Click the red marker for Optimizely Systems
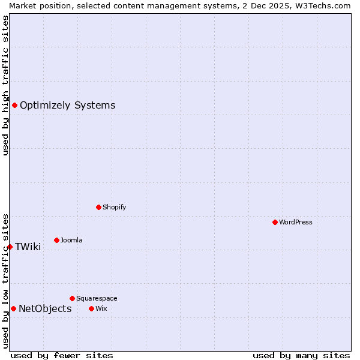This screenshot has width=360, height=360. (14, 106)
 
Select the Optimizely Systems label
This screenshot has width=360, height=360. (67, 106)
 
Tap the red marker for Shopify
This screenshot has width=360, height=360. (98, 207)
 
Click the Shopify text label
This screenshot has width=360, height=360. (114, 207)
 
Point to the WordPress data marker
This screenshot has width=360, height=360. (275, 222)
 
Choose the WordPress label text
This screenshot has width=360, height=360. (295, 222)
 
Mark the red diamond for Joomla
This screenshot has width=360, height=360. (56, 240)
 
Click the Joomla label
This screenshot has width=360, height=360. (71, 240)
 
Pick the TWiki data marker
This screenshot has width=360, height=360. (10, 247)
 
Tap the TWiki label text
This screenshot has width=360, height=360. (28, 247)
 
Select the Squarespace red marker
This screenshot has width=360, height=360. (72, 298)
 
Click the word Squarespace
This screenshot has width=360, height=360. (97, 298)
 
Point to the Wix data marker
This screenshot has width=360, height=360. (91, 308)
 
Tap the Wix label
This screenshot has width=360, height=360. (101, 308)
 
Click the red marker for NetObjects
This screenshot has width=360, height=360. (13, 308)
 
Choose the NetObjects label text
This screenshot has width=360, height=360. (45, 309)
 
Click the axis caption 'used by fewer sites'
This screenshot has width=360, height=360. (62, 355)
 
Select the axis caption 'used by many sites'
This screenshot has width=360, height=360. (301, 355)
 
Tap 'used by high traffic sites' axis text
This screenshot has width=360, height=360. (5, 85)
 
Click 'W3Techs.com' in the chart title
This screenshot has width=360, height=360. (322, 5)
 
